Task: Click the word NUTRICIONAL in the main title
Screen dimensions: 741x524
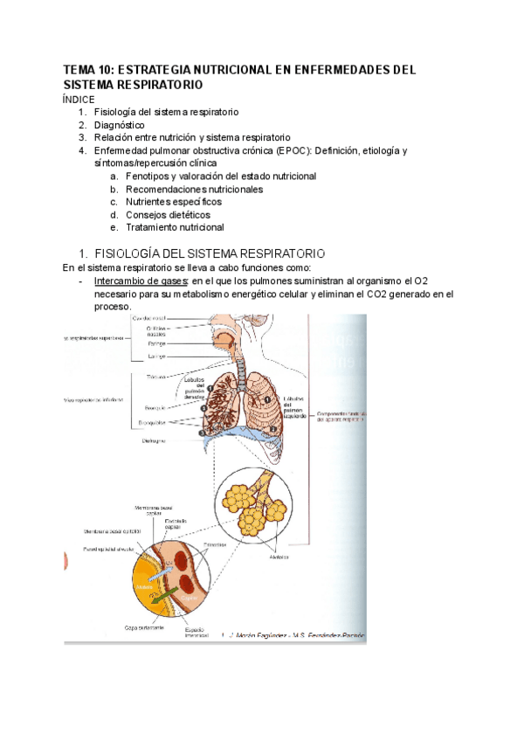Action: coord(262,70)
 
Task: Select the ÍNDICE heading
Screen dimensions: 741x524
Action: coord(79,100)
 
